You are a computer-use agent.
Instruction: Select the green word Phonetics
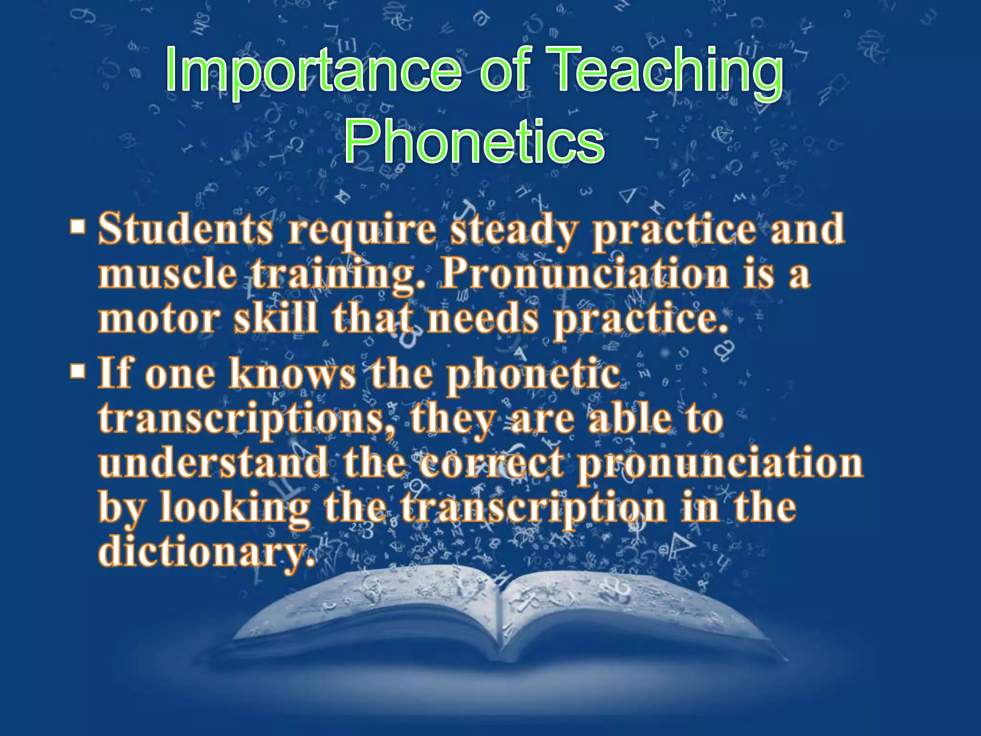(x=474, y=141)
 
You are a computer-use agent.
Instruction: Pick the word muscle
(x=168, y=274)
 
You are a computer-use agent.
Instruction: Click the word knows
(x=293, y=374)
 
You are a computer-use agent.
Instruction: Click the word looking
(x=235, y=508)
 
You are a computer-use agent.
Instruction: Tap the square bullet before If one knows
(x=77, y=371)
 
